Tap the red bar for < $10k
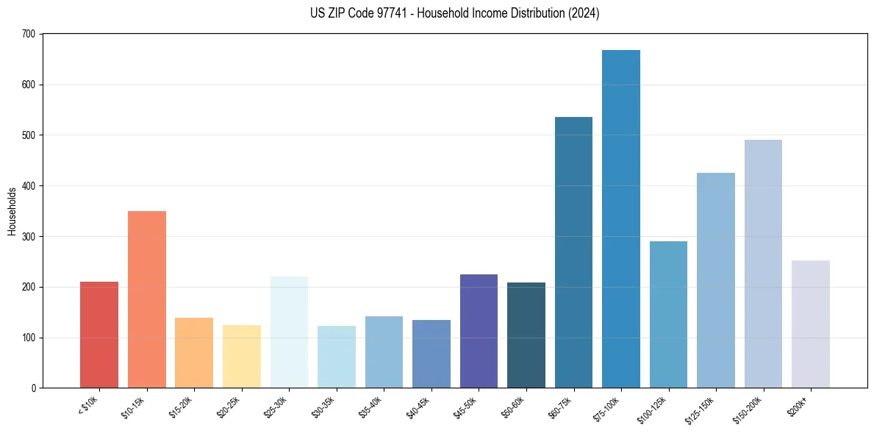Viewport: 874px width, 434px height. (x=99, y=335)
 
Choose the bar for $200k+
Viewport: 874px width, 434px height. (x=811, y=324)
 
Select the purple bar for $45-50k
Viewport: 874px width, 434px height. (x=479, y=331)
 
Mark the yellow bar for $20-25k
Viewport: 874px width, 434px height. (x=242, y=356)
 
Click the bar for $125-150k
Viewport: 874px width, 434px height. (x=716, y=280)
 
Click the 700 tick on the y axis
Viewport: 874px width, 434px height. (x=29, y=34)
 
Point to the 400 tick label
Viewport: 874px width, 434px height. (x=29, y=186)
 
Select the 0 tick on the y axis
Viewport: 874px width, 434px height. (x=33, y=388)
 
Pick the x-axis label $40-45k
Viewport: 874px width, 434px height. (x=419, y=408)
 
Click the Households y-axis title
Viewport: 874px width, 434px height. (x=12, y=211)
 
